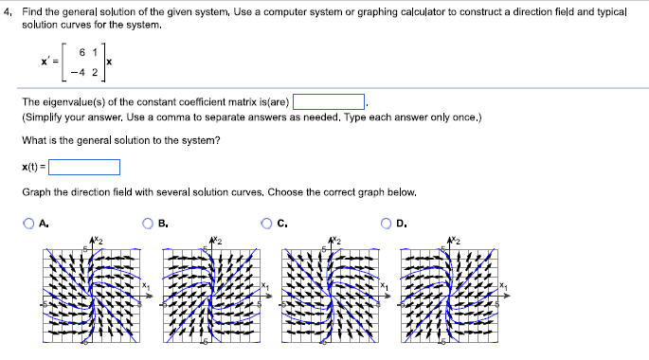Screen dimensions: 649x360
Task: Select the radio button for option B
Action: (x=150, y=225)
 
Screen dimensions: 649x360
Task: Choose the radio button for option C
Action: (x=269, y=225)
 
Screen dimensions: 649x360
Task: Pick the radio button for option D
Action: (x=388, y=225)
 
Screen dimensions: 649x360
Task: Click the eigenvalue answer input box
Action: (x=329, y=101)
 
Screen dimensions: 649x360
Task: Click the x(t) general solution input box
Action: (x=84, y=168)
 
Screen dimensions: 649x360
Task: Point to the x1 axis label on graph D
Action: (x=507, y=285)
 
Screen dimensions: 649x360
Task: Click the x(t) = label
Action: (x=33, y=168)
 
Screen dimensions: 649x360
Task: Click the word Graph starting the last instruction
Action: (x=34, y=192)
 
